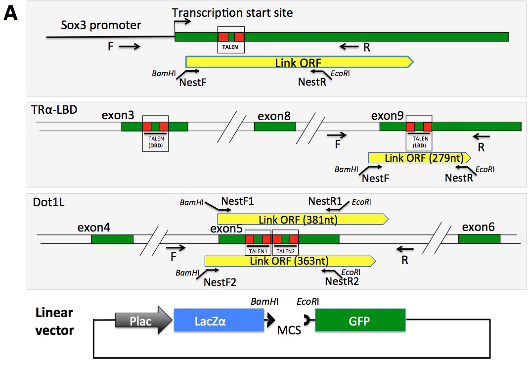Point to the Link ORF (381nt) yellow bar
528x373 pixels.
tap(302, 219)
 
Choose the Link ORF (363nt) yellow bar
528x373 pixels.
tap(290, 261)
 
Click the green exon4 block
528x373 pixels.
tap(112, 239)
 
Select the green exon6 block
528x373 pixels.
tap(479, 239)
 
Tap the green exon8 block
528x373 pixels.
tap(275, 126)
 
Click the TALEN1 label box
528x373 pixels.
tap(258, 250)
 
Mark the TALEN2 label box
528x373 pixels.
tap(286, 250)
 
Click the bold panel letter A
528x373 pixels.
tap(11, 14)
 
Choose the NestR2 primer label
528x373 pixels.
tap(342, 281)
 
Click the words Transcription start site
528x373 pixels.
tap(232, 12)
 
